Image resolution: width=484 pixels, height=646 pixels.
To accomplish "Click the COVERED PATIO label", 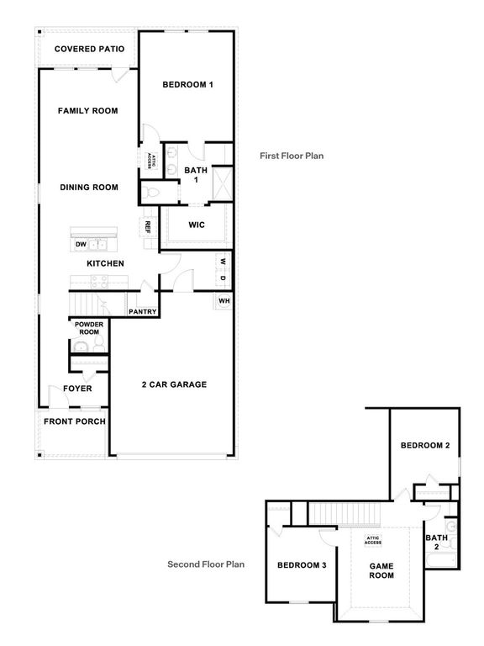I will [x=89, y=49].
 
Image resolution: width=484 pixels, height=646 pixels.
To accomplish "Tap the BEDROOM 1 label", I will [x=187, y=85].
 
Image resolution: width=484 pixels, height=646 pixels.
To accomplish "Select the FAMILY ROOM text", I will [x=87, y=110].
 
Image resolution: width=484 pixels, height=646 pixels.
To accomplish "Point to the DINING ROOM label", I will [x=88, y=188].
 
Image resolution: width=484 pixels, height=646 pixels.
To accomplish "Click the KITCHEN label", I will [x=105, y=263].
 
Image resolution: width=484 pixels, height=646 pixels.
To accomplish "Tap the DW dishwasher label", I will [x=82, y=245].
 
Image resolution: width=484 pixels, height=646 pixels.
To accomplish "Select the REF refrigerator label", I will [x=147, y=227].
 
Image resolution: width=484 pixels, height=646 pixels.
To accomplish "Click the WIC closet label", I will [x=197, y=225].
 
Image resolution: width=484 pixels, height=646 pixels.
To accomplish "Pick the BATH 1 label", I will [x=196, y=174].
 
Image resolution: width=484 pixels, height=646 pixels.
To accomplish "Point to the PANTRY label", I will [x=143, y=311].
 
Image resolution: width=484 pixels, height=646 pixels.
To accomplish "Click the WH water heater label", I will [x=224, y=301].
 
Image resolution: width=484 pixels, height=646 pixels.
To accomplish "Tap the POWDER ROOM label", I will [x=87, y=328].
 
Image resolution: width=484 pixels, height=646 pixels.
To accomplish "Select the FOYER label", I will [x=78, y=389].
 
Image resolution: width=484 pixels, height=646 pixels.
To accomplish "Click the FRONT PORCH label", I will [x=75, y=421].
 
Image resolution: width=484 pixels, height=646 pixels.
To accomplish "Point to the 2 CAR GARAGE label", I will [x=174, y=384].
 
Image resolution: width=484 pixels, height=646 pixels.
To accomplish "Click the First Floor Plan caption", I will [x=292, y=156].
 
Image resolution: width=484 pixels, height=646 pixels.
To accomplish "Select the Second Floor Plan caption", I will [x=206, y=564].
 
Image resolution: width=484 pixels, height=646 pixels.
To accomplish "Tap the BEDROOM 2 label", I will [x=424, y=445].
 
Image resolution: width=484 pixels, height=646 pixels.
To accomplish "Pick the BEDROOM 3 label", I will [x=302, y=564].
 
